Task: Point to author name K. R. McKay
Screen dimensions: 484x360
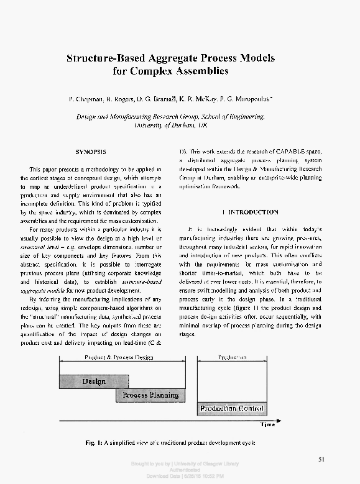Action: [216, 99]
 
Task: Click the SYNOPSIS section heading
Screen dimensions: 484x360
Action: [90, 152]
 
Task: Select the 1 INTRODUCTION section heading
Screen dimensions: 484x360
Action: [250, 212]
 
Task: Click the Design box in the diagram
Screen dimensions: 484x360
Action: [93, 380]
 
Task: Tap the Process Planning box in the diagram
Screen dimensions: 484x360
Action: [150, 395]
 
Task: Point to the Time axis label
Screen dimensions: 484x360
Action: [267, 426]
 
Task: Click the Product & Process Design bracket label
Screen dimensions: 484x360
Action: [118, 357]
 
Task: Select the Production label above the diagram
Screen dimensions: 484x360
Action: [232, 357]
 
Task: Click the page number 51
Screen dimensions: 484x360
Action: [321, 459]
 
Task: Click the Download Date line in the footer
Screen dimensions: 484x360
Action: [180, 476]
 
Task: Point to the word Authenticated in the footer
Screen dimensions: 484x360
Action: [180, 470]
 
